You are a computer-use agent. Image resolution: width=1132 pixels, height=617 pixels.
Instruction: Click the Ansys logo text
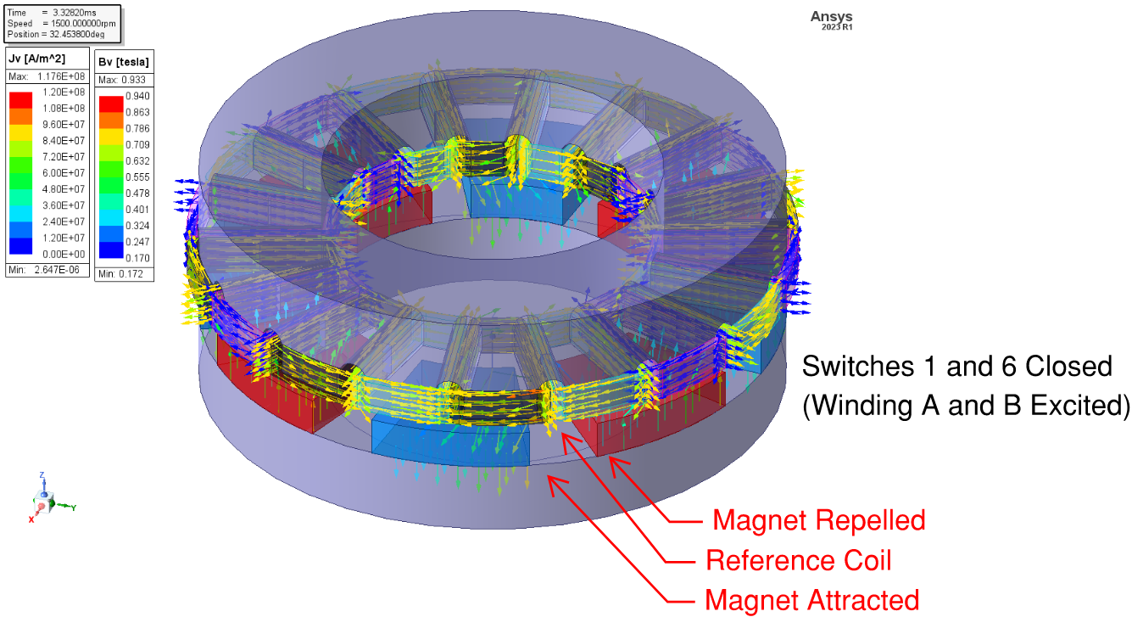831,17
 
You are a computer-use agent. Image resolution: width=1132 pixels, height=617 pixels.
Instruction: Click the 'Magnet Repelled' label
818,519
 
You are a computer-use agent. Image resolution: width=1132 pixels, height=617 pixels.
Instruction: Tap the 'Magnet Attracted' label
811,600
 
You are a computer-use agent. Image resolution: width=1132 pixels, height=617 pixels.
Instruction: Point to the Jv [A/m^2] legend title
36,59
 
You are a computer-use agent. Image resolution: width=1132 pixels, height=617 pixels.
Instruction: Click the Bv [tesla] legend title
123,62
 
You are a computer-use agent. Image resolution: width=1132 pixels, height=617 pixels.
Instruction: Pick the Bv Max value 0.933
137,80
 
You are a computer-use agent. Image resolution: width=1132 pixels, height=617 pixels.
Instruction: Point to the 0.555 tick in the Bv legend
138,177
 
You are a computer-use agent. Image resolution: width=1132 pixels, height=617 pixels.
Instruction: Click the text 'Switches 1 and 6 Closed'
956,367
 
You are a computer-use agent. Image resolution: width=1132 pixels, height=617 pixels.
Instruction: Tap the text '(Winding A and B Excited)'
966,406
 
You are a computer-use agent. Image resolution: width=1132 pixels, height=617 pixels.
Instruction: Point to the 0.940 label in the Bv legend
138,96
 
